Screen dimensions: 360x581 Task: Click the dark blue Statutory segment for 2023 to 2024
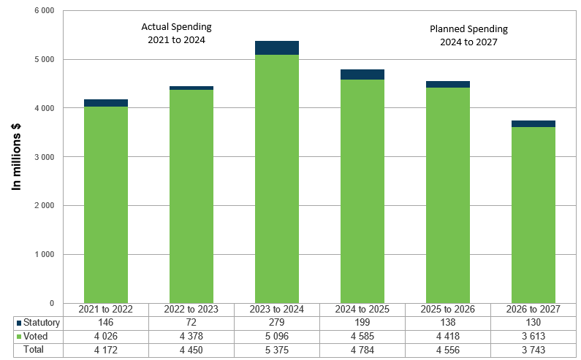click(x=276, y=48)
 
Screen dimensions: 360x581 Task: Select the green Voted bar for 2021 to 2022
click(x=106, y=204)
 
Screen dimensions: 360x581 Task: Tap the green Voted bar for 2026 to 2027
click(x=533, y=215)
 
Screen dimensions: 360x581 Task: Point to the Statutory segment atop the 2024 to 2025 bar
click(x=362, y=74)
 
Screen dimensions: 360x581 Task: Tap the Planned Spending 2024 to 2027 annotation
click(x=468, y=36)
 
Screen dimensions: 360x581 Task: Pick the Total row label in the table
click(x=34, y=350)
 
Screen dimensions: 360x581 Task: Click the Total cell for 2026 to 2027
click(x=533, y=350)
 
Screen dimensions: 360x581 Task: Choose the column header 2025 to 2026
click(x=447, y=309)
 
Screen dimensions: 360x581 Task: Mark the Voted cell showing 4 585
click(x=362, y=336)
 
